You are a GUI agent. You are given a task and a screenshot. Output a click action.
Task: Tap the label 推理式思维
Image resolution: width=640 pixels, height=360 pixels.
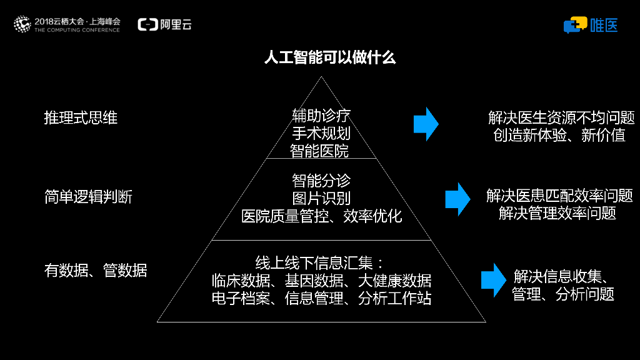tap(81, 117)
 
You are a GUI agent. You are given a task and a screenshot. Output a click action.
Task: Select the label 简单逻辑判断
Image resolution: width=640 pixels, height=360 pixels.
tap(88, 197)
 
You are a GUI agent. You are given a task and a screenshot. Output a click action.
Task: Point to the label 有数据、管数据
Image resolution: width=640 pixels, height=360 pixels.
tap(96, 270)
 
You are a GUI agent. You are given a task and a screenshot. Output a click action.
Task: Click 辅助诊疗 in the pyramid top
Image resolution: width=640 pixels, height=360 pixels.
tap(321, 116)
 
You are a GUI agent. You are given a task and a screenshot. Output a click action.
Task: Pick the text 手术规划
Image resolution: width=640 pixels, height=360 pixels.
tap(321, 133)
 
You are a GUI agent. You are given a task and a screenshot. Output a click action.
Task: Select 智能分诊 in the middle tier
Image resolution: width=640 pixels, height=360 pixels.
tap(321, 181)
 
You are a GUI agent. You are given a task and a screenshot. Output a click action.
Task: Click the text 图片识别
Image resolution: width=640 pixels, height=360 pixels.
tap(321, 199)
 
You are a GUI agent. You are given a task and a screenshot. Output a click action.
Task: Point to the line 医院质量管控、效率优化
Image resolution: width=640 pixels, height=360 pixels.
tap(321, 216)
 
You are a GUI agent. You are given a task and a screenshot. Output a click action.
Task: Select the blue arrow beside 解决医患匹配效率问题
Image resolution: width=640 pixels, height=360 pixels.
tap(457, 199)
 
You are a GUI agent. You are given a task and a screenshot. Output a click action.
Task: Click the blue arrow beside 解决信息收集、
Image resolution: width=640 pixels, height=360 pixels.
tap(493, 280)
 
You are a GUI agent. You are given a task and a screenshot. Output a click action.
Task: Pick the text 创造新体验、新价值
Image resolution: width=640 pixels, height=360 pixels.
tap(559, 135)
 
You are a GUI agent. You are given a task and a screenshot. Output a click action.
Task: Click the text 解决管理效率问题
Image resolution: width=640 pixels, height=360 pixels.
tap(557, 213)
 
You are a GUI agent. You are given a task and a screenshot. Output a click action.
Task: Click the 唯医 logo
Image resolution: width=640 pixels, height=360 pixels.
tap(591, 25)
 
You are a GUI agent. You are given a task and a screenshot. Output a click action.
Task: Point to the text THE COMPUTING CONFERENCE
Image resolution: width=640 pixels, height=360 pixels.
tap(77, 30)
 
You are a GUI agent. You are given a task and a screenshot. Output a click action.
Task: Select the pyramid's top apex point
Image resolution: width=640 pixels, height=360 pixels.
tap(321, 77)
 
